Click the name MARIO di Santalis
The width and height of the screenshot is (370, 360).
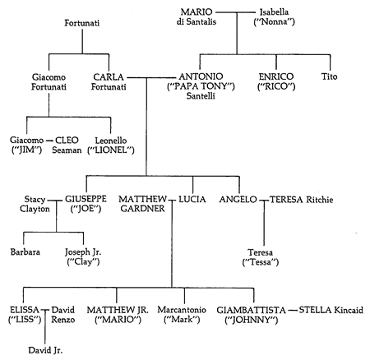coord(197,16)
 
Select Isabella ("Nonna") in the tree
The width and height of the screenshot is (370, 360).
coord(274,16)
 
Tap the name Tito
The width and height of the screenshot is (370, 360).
coord(329,76)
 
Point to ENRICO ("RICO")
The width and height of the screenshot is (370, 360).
coord(276,81)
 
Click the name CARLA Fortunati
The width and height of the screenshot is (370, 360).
coord(109,81)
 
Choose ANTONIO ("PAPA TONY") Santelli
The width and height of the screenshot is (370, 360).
coord(201,86)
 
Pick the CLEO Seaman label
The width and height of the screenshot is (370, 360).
coord(67,145)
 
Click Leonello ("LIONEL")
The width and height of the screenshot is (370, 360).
coord(111,145)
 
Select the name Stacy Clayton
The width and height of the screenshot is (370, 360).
coord(35,204)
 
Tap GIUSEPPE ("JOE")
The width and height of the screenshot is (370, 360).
coord(86,204)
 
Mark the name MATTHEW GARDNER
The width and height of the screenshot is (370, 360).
coord(142,204)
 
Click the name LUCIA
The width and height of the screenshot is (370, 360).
coord(192,199)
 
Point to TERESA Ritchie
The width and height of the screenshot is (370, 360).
coord(302,200)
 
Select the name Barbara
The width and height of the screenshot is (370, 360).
coord(25,252)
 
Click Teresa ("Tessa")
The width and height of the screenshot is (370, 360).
coord(261,257)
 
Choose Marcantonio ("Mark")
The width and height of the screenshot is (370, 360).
coord(182,315)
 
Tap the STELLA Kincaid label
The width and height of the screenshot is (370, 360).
coord(331,310)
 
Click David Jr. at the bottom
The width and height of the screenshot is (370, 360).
coord(45,350)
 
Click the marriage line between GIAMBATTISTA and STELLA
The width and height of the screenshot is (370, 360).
coord(293,310)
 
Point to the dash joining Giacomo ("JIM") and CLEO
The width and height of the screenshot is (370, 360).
coord(49,141)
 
